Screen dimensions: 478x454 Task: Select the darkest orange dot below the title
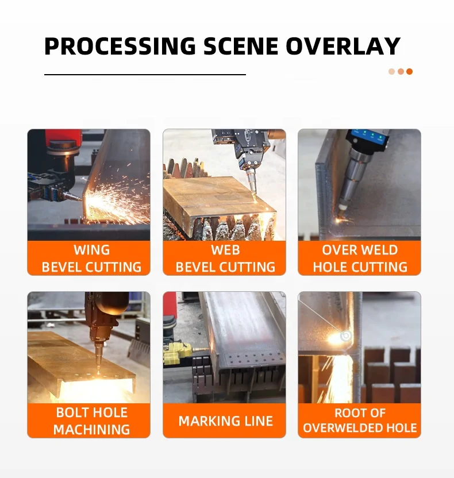click(x=409, y=72)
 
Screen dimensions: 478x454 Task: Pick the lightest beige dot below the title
click(x=391, y=72)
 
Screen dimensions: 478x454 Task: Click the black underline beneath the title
click(x=145, y=75)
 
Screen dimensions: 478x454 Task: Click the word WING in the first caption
click(x=91, y=250)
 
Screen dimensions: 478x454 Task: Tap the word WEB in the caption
click(x=225, y=250)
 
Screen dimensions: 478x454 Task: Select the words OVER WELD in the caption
click(x=360, y=250)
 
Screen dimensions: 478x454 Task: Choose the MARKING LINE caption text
click(x=225, y=421)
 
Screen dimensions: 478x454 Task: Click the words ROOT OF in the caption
click(x=360, y=413)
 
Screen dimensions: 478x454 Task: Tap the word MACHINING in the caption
click(x=91, y=429)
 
